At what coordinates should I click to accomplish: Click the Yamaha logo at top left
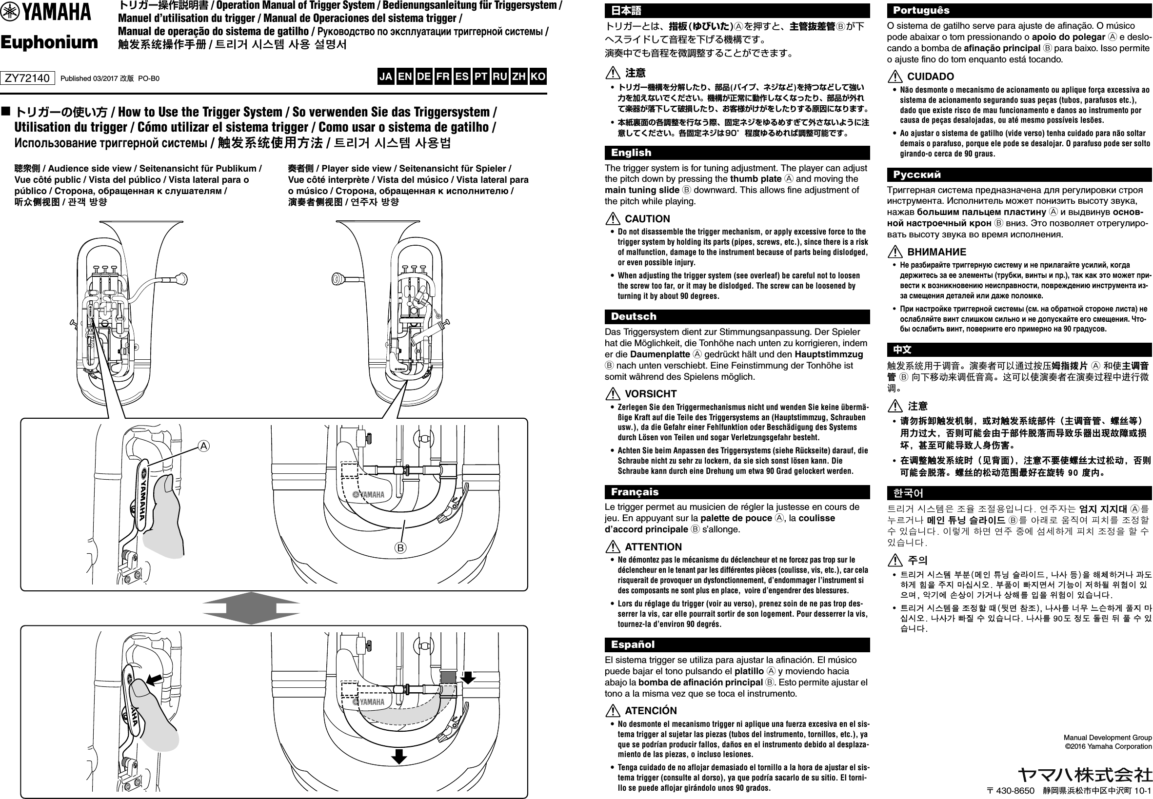pos(46,12)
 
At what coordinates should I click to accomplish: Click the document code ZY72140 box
pos(27,78)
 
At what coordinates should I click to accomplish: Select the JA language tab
pos(386,77)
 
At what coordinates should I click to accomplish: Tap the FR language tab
pos(443,77)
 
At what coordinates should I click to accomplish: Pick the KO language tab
pos(537,77)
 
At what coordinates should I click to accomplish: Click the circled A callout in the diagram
pos(204,446)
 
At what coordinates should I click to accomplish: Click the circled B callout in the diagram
pos(400,547)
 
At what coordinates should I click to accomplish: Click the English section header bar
pos(737,153)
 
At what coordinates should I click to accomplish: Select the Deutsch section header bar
pos(737,316)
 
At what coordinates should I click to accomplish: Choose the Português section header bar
pos(1019,11)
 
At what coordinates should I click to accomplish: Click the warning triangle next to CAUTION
pos(613,219)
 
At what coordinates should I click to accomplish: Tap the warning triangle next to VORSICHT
pos(613,393)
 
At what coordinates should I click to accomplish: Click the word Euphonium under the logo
pos(49,42)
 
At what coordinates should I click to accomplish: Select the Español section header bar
pos(737,644)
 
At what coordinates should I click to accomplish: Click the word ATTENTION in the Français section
pos(653,546)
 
